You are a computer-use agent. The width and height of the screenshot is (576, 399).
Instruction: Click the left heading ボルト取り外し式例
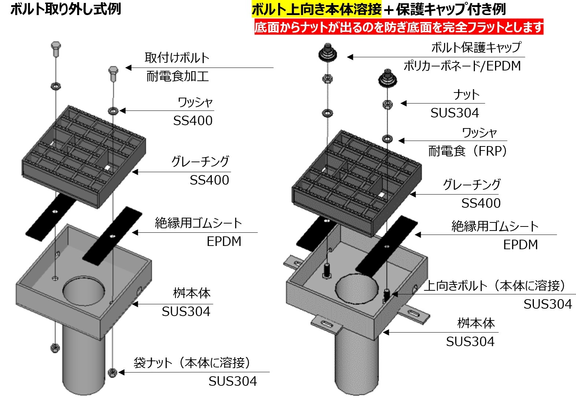coord(66,9)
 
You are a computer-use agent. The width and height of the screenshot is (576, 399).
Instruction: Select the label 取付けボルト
coord(177,58)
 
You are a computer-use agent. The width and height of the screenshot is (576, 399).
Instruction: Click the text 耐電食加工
coord(177,76)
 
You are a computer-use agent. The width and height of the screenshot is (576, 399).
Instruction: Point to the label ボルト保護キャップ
coord(476,47)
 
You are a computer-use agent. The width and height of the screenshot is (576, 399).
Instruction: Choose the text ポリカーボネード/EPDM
coord(462,66)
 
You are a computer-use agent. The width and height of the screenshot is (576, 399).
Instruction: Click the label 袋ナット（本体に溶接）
coord(192,363)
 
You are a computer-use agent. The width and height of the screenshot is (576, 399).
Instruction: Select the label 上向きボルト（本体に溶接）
coord(495,286)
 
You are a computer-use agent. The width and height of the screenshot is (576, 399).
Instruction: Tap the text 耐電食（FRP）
coord(468,151)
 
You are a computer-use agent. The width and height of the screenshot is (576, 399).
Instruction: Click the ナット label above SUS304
coord(466,95)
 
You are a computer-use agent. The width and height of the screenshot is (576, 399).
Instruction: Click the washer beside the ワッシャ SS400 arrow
coord(112,110)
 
